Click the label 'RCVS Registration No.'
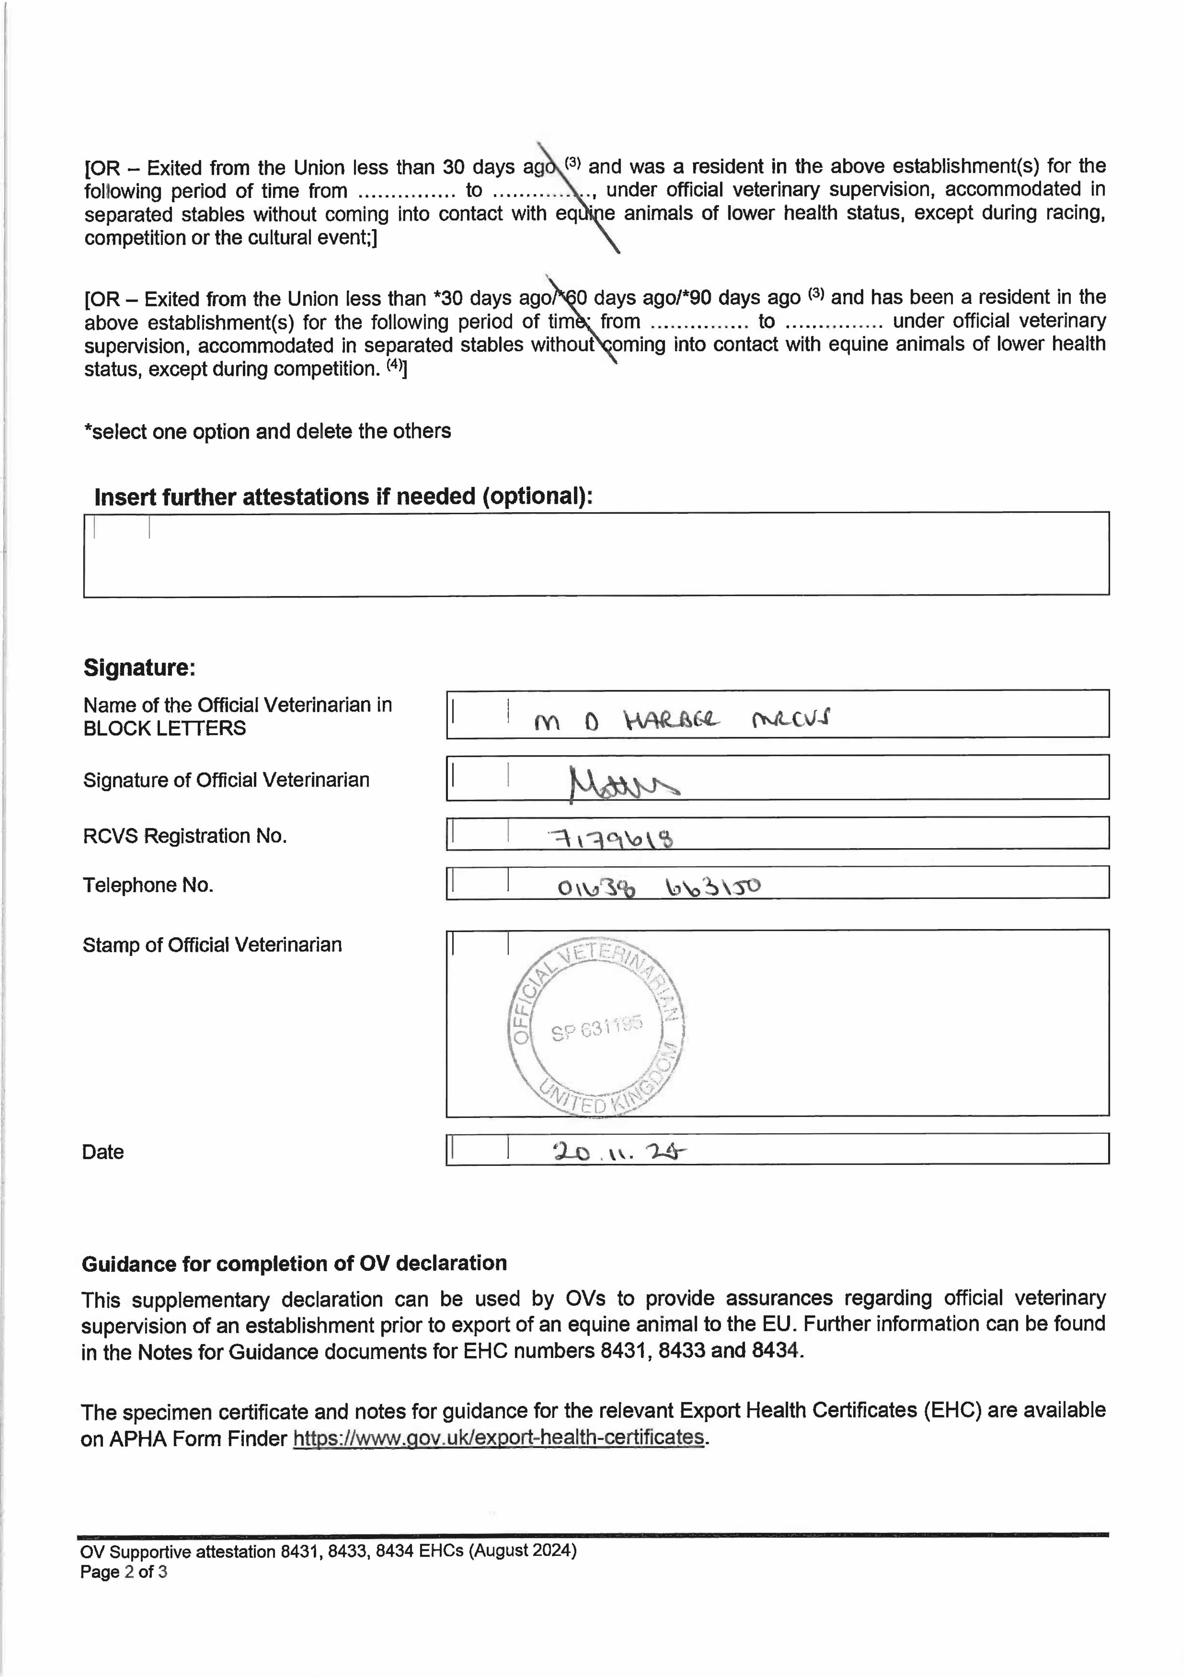click(185, 835)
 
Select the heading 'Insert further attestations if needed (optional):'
click(344, 497)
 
